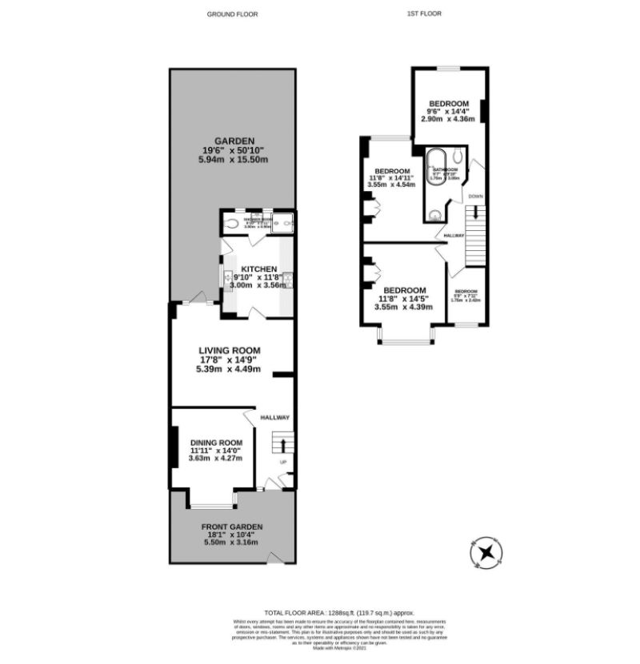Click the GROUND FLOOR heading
pos(233,14)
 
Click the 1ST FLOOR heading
pos(425,14)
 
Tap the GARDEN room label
pos(233,141)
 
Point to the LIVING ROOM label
pos(230,350)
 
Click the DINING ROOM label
pos(215,443)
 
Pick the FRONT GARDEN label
pos(232,527)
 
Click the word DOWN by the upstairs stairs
pos(475,197)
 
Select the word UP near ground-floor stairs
pos(282,463)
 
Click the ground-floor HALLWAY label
pos(274,418)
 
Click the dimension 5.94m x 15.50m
pos(233,160)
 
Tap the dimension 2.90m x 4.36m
pos(448,119)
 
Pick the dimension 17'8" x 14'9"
pos(230,360)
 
